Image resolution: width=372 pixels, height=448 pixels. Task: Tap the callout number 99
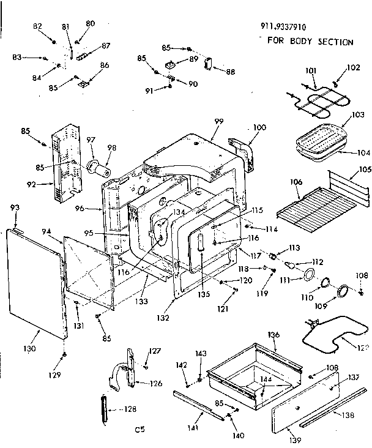pos(218,122)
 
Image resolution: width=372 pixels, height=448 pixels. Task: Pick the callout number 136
pos(273,335)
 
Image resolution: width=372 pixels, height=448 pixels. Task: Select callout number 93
pos(15,209)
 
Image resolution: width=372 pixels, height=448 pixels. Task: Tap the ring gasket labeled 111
pos(310,274)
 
